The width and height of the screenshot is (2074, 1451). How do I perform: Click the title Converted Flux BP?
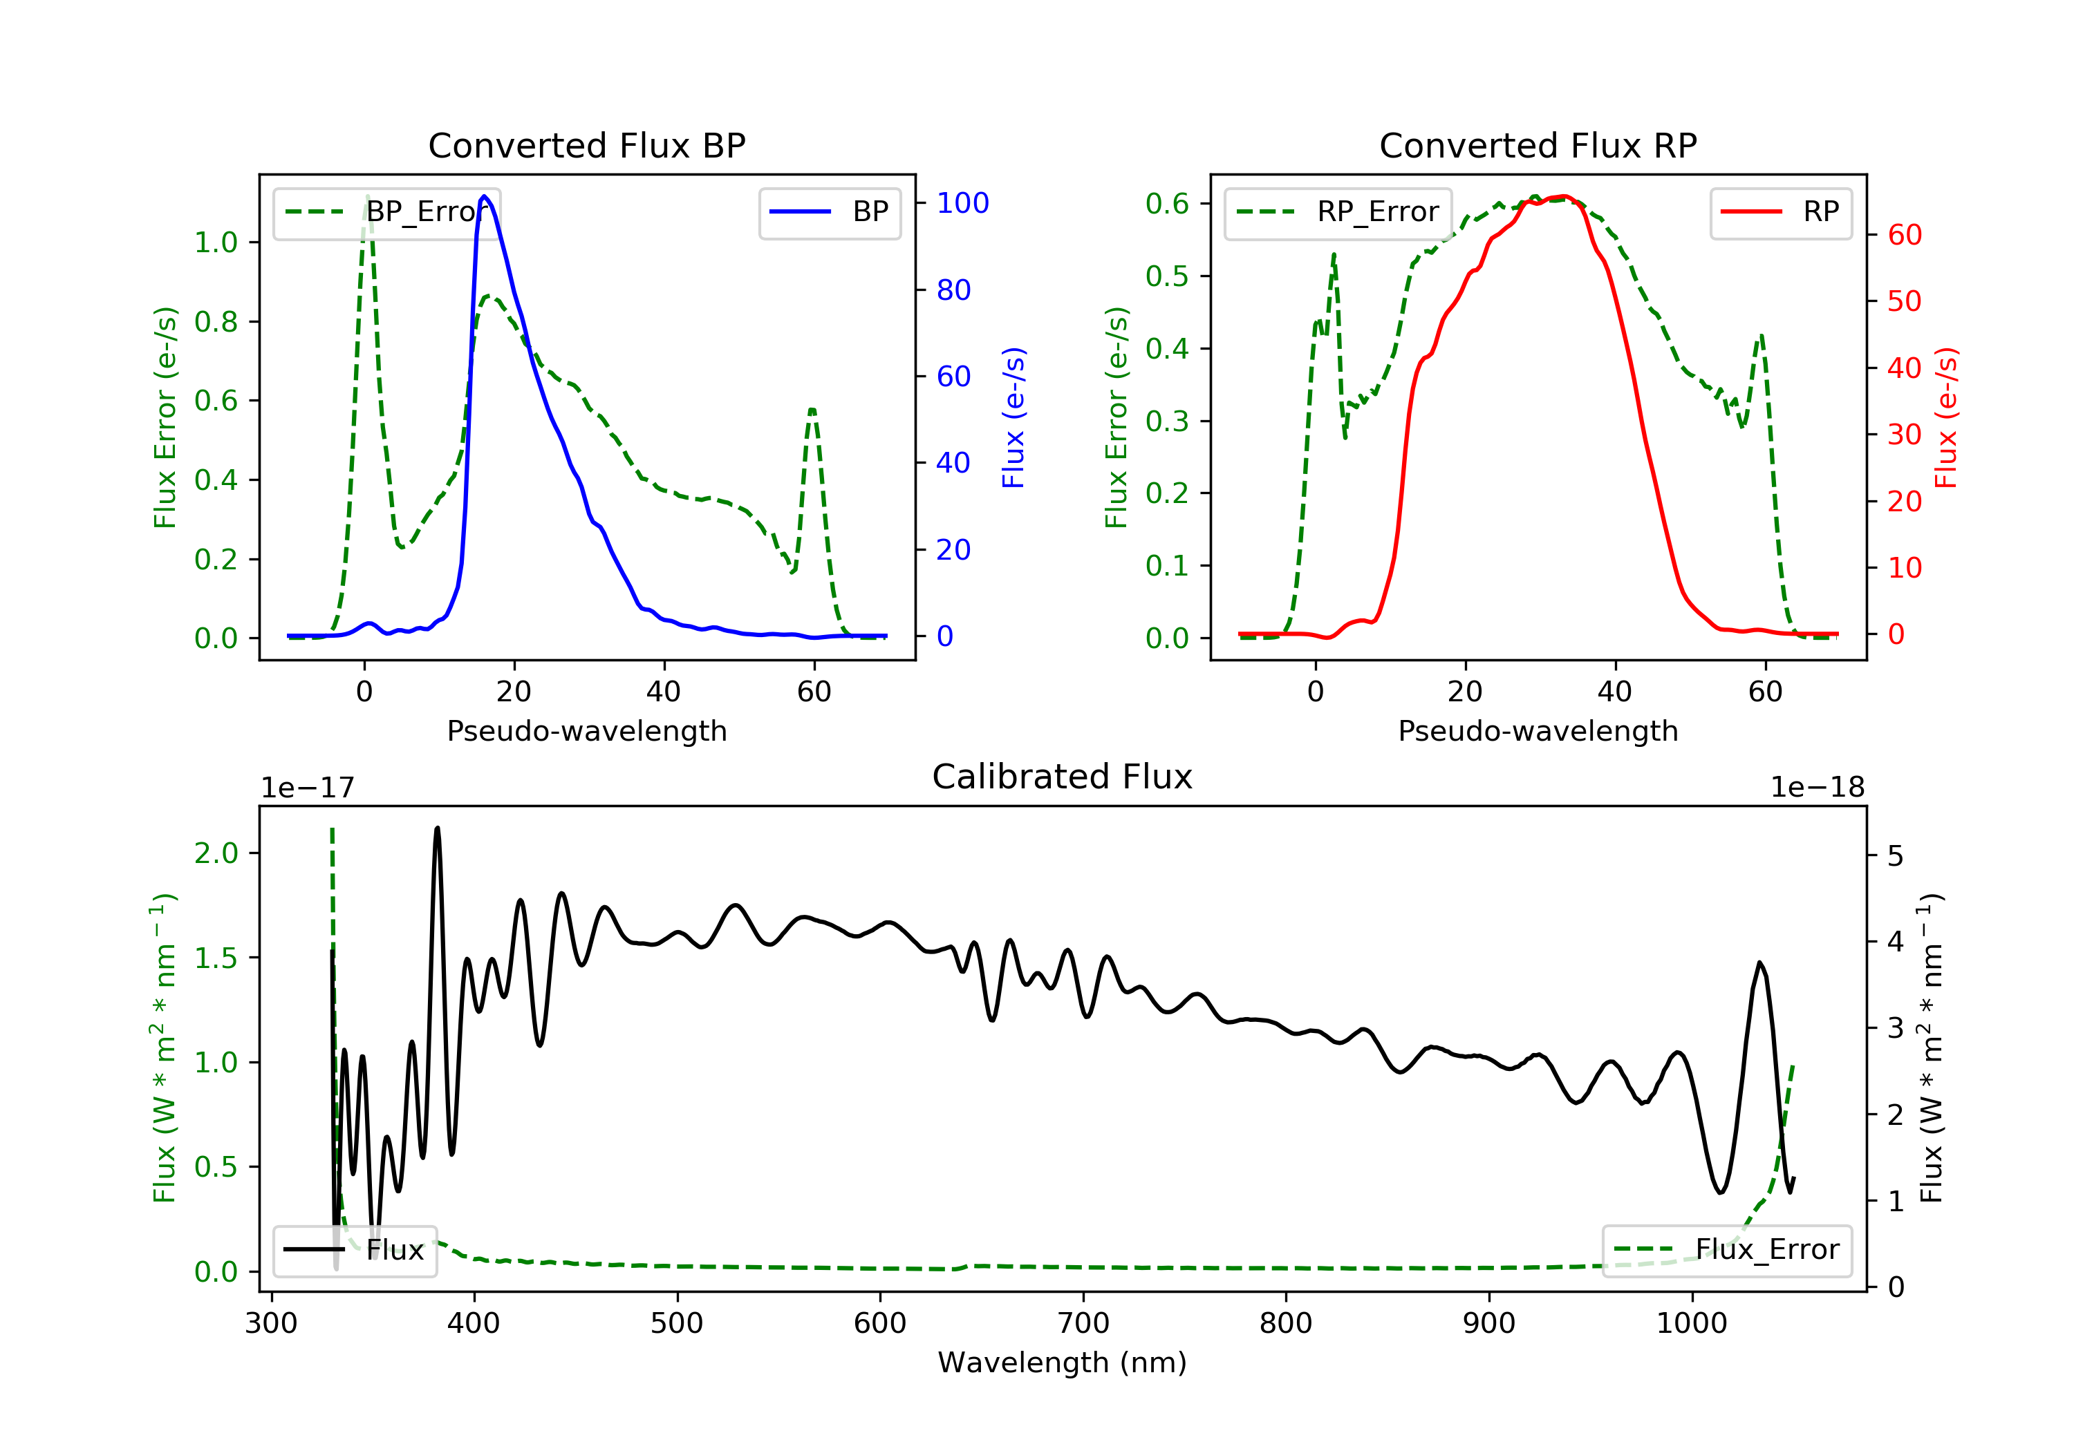click(x=586, y=145)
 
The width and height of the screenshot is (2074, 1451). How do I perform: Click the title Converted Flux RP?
click(x=1538, y=145)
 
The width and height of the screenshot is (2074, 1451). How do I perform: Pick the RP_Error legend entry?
click(x=1338, y=212)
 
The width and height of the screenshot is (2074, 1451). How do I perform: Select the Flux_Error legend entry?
click(x=1726, y=1250)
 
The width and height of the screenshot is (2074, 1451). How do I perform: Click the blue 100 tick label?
click(x=962, y=203)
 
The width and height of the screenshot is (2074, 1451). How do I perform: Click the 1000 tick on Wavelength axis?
click(x=1691, y=1324)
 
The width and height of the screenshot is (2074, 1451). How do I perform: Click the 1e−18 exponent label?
click(x=1818, y=788)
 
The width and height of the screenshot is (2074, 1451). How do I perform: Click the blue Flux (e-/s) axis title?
click(x=1013, y=417)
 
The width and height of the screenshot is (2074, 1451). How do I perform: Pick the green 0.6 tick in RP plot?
click(x=1167, y=204)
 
